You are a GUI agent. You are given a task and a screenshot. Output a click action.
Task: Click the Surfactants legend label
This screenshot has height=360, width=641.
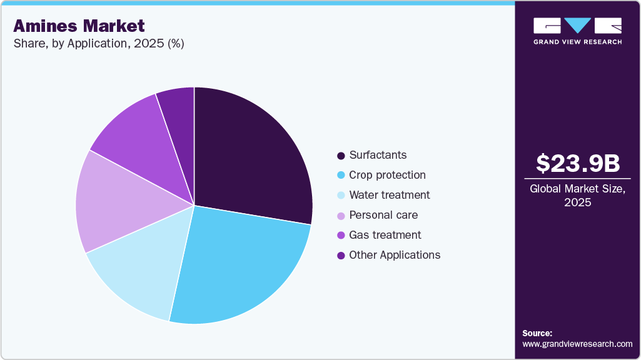pyautogui.click(x=378, y=155)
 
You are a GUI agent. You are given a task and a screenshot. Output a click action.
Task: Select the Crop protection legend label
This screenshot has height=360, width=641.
pyautogui.click(x=387, y=175)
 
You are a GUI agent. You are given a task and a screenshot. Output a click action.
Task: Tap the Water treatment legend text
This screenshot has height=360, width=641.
pyautogui.click(x=389, y=195)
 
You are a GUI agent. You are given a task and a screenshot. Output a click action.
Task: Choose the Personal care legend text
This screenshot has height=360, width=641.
pyautogui.click(x=383, y=215)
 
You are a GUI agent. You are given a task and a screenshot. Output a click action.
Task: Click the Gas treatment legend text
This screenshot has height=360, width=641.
pyautogui.click(x=385, y=235)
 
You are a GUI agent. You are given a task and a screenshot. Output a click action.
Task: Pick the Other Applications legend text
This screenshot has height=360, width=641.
pyautogui.click(x=395, y=255)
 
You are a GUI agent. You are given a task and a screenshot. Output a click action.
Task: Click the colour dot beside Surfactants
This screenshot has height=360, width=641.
pyautogui.click(x=341, y=156)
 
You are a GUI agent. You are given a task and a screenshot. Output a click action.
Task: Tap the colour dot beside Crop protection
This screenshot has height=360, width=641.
pyautogui.click(x=341, y=176)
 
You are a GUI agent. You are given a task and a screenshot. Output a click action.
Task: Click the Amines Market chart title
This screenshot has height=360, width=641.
pyautogui.click(x=79, y=26)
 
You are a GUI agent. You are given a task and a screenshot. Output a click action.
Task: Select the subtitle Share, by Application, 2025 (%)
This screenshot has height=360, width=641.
pyautogui.click(x=98, y=44)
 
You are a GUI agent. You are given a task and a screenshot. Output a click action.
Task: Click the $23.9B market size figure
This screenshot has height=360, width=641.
pyautogui.click(x=577, y=164)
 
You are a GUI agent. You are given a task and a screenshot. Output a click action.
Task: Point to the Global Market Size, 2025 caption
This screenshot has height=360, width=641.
pyautogui.click(x=577, y=196)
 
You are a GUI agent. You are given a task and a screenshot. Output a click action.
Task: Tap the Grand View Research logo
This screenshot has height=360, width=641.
pyautogui.click(x=577, y=31)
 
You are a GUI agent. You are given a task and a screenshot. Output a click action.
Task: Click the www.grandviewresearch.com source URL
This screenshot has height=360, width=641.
pyautogui.click(x=577, y=344)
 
